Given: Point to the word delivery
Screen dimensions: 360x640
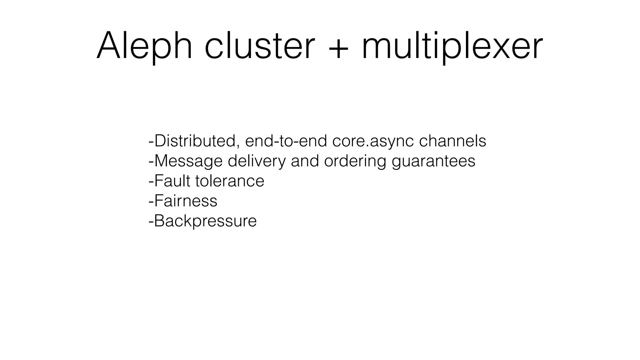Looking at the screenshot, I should coord(257,161).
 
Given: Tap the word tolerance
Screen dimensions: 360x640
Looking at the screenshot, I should coord(230,181).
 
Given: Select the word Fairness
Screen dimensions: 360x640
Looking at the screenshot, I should coord(186,201).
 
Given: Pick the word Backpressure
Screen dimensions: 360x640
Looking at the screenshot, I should coord(205,221).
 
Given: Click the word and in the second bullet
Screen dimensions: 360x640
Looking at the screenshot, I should coord(305,161).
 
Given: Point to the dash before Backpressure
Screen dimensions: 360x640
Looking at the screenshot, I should coord(151,222).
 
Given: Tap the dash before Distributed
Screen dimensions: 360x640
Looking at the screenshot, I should coord(151,142).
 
